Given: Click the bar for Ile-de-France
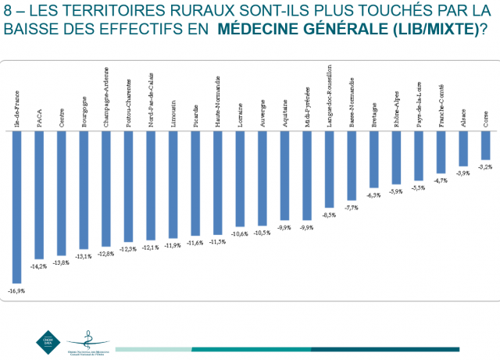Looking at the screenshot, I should click(x=16, y=206).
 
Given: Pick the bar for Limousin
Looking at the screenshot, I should click(x=173, y=184).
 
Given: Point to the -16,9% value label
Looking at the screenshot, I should click(x=16, y=290).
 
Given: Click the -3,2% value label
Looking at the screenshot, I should click(x=486, y=167).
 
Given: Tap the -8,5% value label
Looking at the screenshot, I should click(x=329, y=215).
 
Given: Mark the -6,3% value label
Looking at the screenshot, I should click(x=373, y=194).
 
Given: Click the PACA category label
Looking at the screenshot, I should click(x=39, y=117).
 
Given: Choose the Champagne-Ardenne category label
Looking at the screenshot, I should click(x=106, y=98).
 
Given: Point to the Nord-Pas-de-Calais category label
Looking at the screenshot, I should click(x=151, y=100).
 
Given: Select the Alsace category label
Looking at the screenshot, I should click(x=464, y=117).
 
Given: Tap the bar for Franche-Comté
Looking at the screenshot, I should click(x=441, y=151).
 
